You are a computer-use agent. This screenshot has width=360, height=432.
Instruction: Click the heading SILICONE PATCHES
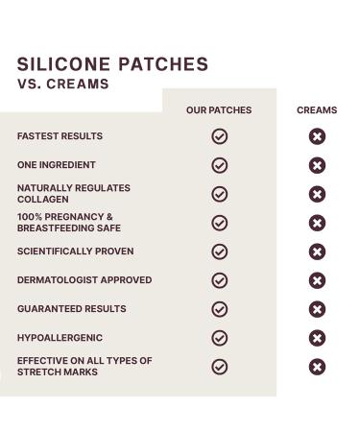coord(112,65)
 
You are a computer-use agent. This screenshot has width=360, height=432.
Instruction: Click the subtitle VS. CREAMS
coord(62,84)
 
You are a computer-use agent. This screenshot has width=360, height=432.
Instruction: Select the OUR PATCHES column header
coord(219,110)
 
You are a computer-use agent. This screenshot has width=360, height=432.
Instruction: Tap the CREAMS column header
coord(317,110)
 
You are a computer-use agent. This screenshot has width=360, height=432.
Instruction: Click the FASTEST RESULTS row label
coord(60,136)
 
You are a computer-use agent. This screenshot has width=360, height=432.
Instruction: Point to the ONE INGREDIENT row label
coord(56,165)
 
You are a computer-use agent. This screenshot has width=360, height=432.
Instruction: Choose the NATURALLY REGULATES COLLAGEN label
coord(73,193)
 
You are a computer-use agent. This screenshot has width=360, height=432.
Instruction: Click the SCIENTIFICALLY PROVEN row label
coord(75,252)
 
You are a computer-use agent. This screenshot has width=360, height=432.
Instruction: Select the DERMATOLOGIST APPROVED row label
coord(84,280)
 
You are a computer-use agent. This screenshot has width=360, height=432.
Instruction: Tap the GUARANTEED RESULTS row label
coord(71,309)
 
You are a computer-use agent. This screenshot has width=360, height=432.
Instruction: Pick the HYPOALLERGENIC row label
coord(60,338)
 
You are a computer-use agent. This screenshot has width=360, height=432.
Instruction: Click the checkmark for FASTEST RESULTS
coord(219,136)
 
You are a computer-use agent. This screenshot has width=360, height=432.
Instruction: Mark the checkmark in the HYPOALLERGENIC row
coord(219,338)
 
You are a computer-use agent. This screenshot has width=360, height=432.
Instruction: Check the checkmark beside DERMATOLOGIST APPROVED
coord(219,280)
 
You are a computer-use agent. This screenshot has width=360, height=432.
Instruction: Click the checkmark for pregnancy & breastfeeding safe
coord(219,223)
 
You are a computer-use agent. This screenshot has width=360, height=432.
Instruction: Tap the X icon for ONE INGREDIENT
coord(317,165)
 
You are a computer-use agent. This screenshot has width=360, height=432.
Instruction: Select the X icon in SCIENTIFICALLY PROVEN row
coord(317,252)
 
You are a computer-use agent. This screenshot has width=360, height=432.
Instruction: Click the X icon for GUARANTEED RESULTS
coord(317,309)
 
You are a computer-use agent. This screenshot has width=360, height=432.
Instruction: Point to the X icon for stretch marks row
coord(317,367)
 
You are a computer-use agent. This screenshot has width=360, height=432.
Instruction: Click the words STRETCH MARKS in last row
coord(59,372)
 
